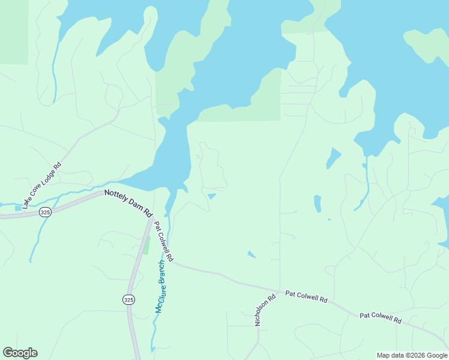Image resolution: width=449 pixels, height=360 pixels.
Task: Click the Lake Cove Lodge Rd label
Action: pyautogui.click(x=42, y=185)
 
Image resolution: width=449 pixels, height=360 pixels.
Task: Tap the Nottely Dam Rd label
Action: pyautogui.click(x=128, y=203)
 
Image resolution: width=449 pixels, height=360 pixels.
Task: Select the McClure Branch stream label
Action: pyautogui.click(x=160, y=286)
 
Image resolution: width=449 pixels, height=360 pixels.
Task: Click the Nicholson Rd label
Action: pyautogui.click(x=265, y=310)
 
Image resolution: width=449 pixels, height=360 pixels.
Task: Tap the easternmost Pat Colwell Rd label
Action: pyautogui.click(x=380, y=317)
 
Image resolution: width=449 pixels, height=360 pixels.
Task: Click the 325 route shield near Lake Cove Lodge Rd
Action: pyautogui.click(x=45, y=212)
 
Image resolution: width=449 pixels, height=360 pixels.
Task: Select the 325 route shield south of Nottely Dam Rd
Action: pyautogui.click(x=128, y=299)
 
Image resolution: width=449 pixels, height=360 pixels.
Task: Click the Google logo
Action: pyautogui.click(x=20, y=353)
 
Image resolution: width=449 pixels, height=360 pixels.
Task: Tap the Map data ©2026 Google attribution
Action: pyautogui.click(x=412, y=355)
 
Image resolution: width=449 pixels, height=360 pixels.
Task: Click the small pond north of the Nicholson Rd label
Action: pyautogui.click(x=252, y=254)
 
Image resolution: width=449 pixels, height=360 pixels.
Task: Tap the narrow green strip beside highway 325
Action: pyautogui.click(x=146, y=245)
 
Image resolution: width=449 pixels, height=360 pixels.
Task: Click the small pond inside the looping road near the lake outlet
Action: pyautogui.click(x=211, y=196)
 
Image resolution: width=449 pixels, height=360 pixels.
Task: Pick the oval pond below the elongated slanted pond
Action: pyautogui.click(x=318, y=203)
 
